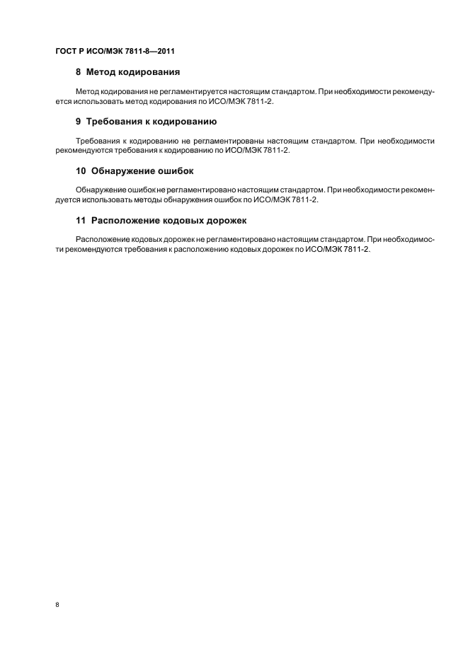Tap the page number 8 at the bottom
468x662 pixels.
coord(57,605)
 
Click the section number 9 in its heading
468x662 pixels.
coord(79,121)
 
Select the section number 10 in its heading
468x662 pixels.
coord(81,171)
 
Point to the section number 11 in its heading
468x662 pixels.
coord(81,221)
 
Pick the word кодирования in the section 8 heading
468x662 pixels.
coord(154,71)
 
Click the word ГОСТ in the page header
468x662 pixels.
coord(67,52)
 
